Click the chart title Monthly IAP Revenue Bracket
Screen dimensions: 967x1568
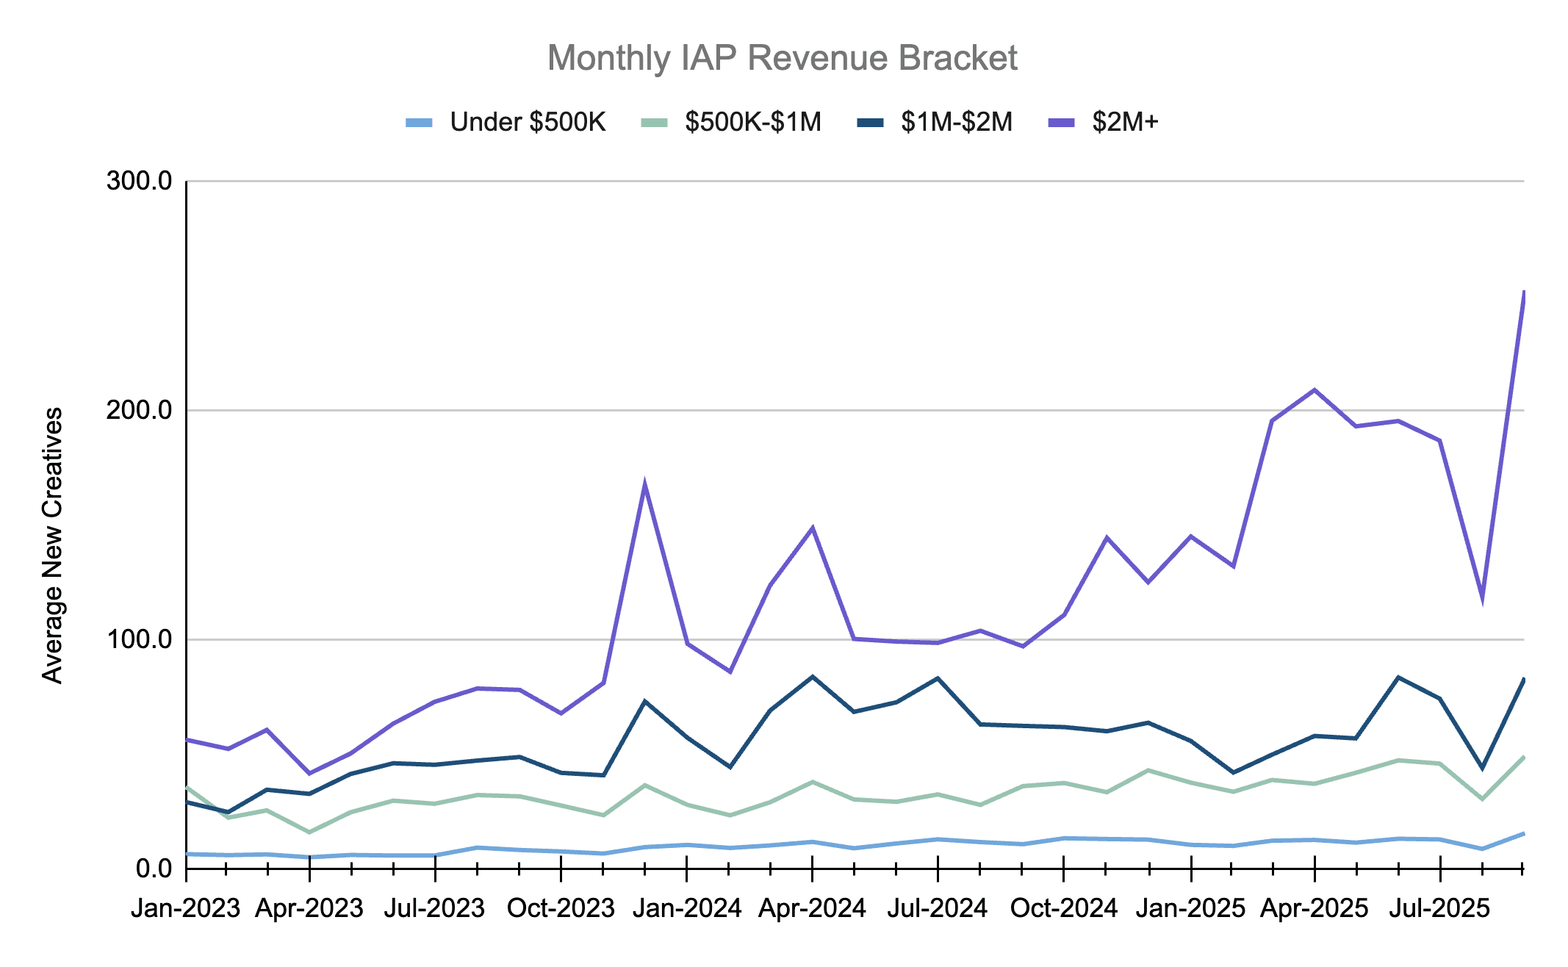click(x=782, y=58)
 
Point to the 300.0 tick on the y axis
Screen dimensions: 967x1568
click(x=139, y=181)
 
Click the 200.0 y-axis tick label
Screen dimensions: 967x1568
click(x=139, y=410)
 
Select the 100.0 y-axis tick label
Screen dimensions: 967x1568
click(x=139, y=639)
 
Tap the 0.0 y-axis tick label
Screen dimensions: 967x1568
click(x=153, y=869)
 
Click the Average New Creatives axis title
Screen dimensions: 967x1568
click(x=53, y=545)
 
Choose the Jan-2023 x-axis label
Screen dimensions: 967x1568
click(x=185, y=908)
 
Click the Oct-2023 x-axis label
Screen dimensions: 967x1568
click(x=561, y=908)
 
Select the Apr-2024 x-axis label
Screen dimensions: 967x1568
click(x=812, y=908)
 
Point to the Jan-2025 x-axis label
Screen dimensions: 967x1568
click(x=1190, y=908)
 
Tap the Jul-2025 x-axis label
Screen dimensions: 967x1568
click(x=1439, y=908)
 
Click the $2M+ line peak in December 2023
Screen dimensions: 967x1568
click(x=644, y=484)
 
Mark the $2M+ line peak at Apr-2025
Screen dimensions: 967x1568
click(x=1315, y=389)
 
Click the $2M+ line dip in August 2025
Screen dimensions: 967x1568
click(x=1482, y=599)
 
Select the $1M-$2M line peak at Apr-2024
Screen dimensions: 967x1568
click(x=812, y=676)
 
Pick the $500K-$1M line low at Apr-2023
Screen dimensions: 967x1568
click(x=309, y=833)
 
